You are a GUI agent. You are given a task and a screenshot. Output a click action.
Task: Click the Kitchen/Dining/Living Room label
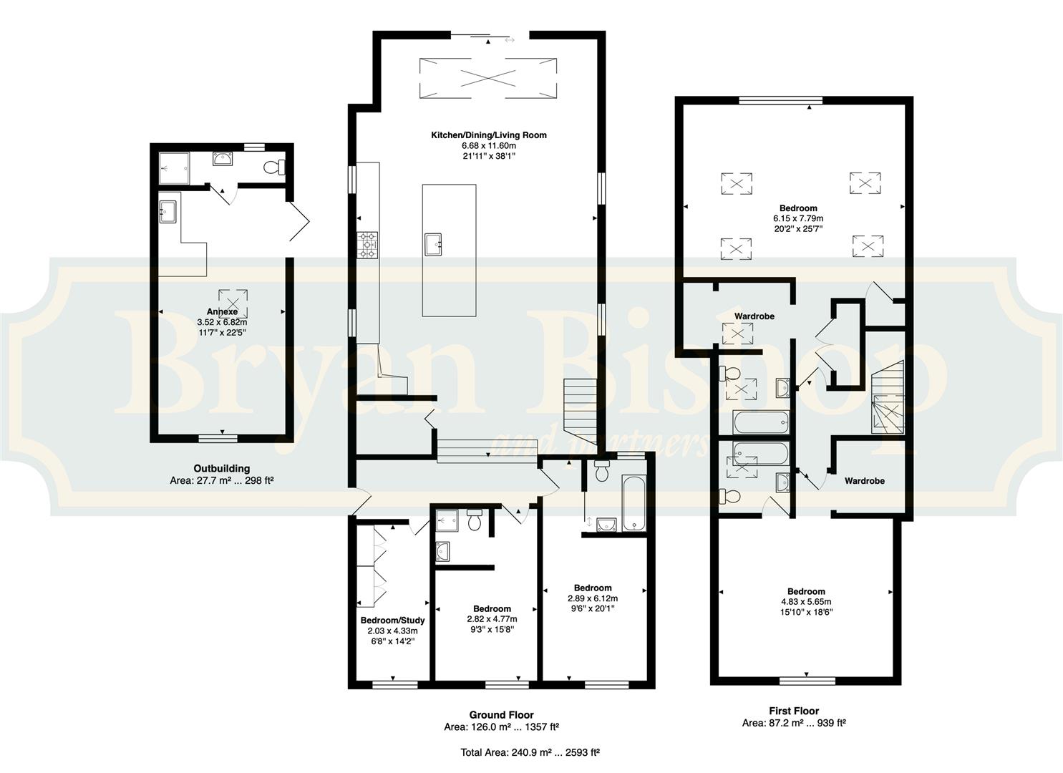(489, 135)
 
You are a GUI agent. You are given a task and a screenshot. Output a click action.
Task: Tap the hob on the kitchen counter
(368, 245)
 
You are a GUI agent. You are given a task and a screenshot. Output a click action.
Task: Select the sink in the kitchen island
(433, 243)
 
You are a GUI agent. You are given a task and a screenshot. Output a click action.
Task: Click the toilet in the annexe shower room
(274, 167)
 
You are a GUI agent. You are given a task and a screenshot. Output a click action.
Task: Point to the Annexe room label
(222, 312)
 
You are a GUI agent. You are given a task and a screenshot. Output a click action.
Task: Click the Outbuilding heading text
(222, 468)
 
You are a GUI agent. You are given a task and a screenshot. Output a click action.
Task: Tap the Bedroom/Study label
(392, 621)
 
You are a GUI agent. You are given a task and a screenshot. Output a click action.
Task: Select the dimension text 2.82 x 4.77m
(492, 619)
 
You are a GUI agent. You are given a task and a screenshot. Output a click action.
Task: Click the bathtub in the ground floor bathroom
(634, 503)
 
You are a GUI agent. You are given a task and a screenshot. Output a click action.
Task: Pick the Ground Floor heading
(502, 714)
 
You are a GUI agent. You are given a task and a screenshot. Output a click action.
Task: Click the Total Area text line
(530, 752)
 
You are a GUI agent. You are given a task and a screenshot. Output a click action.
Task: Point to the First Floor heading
(794, 711)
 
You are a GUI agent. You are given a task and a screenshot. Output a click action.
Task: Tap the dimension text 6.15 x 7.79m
(798, 219)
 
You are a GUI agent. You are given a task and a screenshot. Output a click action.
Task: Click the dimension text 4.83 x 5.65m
(806, 602)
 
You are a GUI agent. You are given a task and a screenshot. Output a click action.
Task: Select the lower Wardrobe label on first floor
(865, 481)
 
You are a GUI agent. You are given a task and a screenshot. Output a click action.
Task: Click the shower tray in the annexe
(174, 168)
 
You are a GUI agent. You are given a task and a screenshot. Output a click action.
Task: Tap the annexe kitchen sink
(168, 212)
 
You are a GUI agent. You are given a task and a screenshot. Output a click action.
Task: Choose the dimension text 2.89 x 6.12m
(593, 598)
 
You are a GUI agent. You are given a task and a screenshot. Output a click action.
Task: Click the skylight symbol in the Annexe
(233, 303)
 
